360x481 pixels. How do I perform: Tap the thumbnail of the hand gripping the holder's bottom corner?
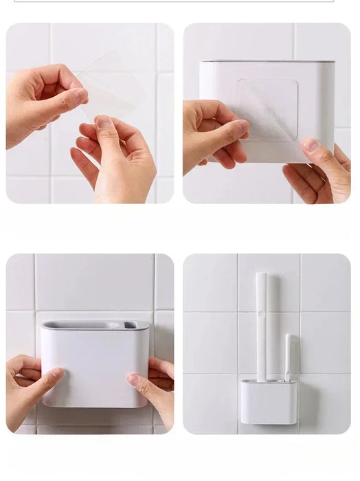(311, 146)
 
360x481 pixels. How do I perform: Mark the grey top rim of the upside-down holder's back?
(267, 62)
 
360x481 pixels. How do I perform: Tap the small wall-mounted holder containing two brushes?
(269, 401)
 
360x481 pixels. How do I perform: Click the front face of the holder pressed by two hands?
(95, 368)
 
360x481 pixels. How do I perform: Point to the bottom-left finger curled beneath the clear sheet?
(86, 166)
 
